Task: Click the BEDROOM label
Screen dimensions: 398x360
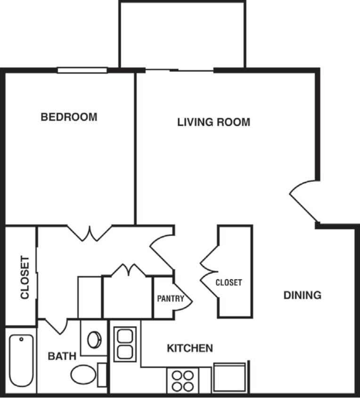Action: pyautogui.click(x=69, y=117)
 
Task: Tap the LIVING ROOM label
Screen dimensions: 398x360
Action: pyautogui.click(x=213, y=122)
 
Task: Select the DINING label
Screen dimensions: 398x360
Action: pyautogui.click(x=303, y=295)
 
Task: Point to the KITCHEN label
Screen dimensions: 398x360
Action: pyautogui.click(x=190, y=348)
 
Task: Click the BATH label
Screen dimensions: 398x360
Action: pyautogui.click(x=62, y=356)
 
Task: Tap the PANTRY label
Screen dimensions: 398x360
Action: pyautogui.click(x=170, y=298)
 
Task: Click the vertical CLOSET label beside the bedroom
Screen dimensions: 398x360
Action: pyautogui.click(x=25, y=277)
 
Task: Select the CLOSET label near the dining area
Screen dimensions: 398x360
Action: pyautogui.click(x=229, y=283)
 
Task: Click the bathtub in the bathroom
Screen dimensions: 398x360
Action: pyautogui.click(x=22, y=361)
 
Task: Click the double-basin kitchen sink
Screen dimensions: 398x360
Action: pyautogui.click(x=125, y=344)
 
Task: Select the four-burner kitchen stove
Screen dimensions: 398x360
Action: pyautogui.click(x=183, y=380)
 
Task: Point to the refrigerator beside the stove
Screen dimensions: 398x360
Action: pyautogui.click(x=229, y=377)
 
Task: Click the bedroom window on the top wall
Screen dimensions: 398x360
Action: pyautogui.click(x=82, y=70)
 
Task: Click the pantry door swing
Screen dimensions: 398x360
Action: pyautogui.click(x=182, y=297)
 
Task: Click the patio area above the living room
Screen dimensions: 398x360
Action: pyautogui.click(x=182, y=35)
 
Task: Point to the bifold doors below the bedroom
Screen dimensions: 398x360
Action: pyautogui.click(x=90, y=233)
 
